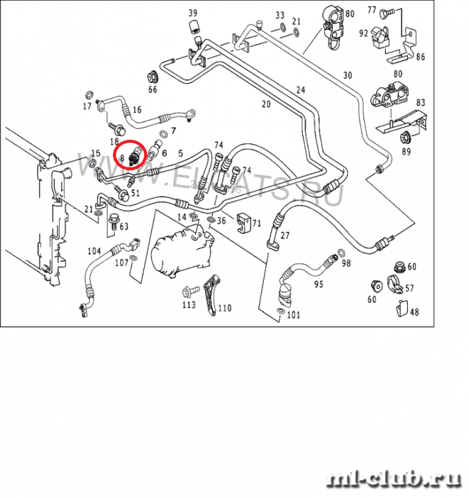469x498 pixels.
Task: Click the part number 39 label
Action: click(193, 13)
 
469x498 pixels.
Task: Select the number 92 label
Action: click(364, 33)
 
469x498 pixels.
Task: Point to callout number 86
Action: click(420, 57)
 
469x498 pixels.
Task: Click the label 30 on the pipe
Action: click(347, 74)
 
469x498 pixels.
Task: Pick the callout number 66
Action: click(153, 90)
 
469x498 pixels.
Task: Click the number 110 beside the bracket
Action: click(225, 308)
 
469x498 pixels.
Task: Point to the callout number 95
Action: click(318, 284)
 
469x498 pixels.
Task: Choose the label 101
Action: click(294, 315)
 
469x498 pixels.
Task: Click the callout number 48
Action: click(414, 312)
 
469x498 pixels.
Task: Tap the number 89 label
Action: click(407, 152)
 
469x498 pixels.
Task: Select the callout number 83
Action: click(421, 102)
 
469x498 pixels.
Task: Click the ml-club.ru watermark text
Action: click(396, 479)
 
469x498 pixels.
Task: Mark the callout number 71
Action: click(256, 222)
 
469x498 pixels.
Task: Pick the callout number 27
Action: click(285, 236)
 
